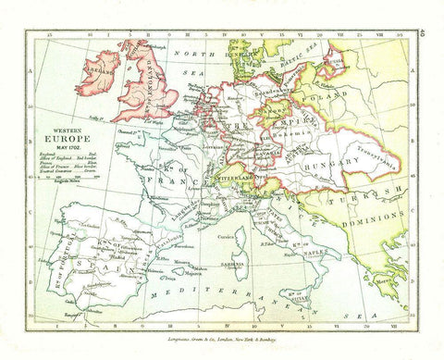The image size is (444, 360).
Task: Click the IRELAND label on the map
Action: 102,71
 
